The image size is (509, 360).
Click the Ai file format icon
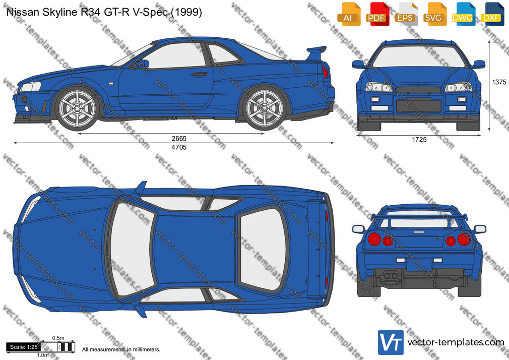[349, 14]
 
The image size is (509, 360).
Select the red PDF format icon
[377, 14]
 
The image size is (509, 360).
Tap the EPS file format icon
[406, 14]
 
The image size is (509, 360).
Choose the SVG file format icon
[434, 14]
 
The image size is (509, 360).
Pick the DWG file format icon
[463, 14]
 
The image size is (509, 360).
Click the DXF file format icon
[492, 14]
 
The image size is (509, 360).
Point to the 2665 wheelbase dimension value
[179, 139]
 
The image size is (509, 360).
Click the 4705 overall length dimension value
[179, 147]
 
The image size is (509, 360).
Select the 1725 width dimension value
[419, 140]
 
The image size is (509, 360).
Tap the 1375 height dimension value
[499, 82]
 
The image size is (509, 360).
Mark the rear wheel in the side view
[264, 108]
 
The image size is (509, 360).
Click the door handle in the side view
[199, 75]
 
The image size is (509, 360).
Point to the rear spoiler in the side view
[316, 52]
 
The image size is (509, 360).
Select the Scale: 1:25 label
[24, 347]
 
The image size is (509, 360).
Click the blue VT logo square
[391, 342]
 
